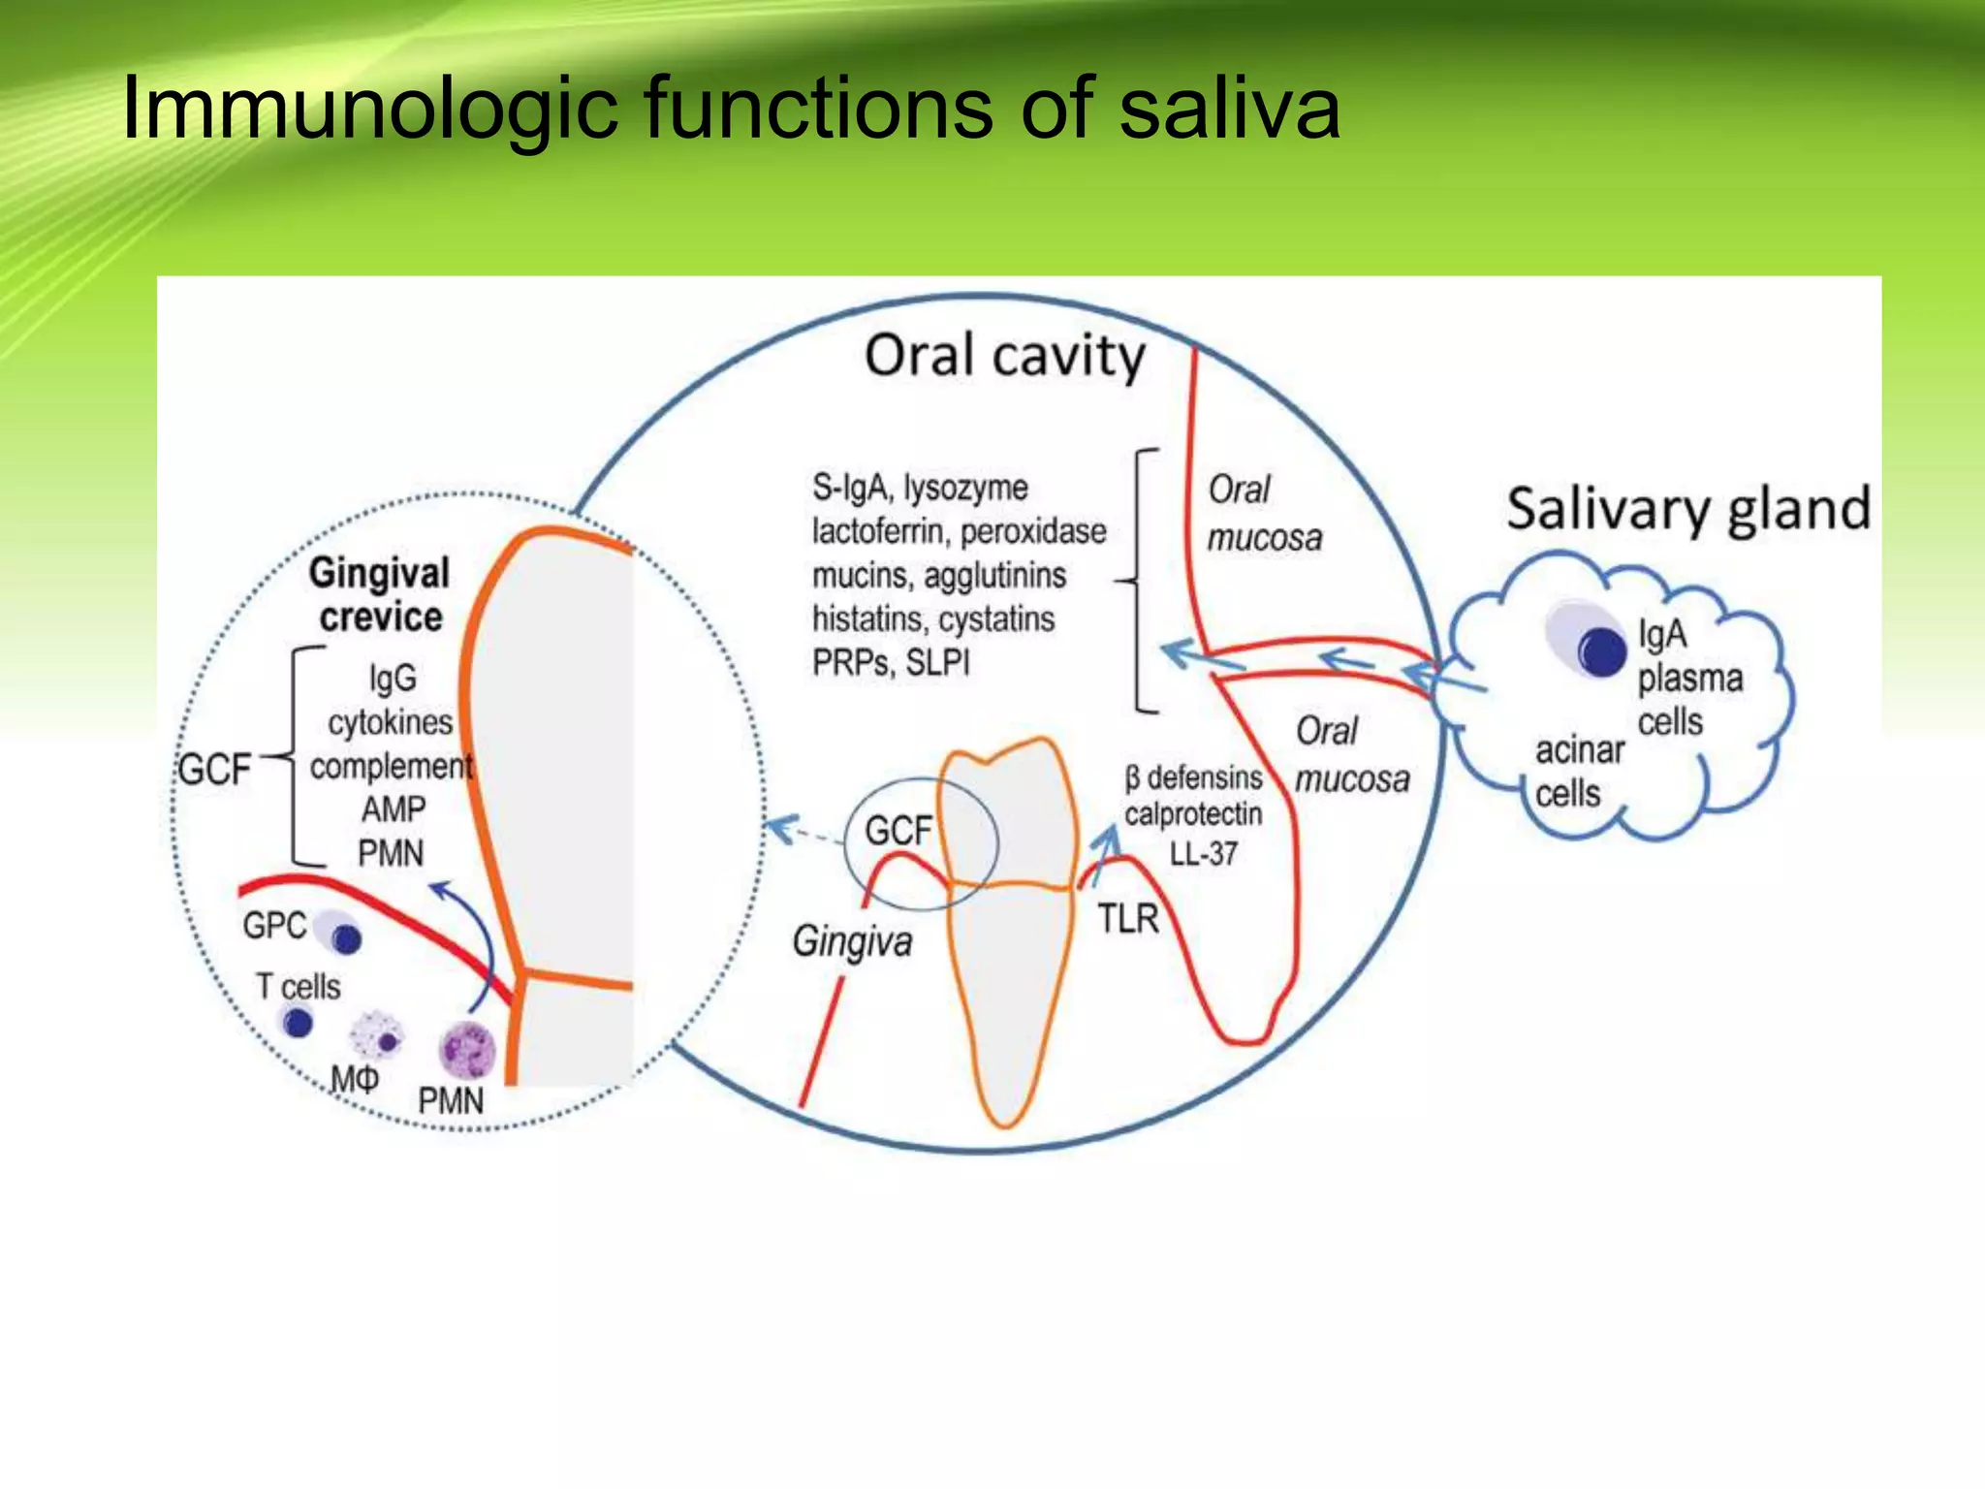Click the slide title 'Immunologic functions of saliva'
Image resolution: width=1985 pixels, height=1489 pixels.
(731, 109)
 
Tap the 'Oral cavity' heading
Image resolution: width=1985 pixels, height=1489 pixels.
(1004, 357)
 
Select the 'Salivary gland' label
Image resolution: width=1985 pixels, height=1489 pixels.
(1687, 509)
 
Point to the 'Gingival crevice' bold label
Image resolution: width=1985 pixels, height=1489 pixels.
(380, 594)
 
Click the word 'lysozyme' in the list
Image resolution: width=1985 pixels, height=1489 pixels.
(966, 487)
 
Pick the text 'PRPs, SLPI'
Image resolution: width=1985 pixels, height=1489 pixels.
(891, 663)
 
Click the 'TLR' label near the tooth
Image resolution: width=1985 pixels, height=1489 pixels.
(1127, 918)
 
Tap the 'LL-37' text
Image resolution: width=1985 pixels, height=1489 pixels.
(1203, 854)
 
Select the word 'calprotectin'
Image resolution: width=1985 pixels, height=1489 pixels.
(1193, 814)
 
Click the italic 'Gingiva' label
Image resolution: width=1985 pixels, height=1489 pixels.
(852, 941)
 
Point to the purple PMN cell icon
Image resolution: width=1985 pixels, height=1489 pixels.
(467, 1050)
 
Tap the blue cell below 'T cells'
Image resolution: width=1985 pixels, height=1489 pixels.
(297, 1022)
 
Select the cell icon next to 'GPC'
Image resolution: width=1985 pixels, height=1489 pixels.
(339, 933)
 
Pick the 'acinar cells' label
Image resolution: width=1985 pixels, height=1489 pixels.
(1578, 772)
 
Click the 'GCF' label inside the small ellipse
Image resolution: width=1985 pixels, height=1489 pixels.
(898, 831)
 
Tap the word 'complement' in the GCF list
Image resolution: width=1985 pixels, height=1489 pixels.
(391, 766)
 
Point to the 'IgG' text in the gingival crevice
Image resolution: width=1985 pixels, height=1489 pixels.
(393, 678)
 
